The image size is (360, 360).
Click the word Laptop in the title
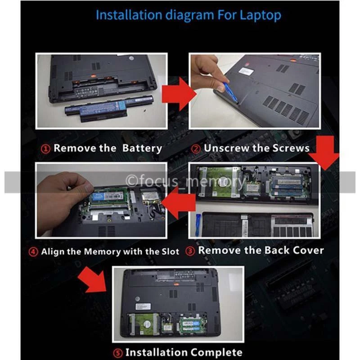point(261,16)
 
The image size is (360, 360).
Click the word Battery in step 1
point(142,148)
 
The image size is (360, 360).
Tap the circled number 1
point(45,149)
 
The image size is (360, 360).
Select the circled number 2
point(196,149)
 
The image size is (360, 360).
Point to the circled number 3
point(190,251)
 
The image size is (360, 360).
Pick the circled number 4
point(33,252)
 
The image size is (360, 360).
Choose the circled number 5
point(118,353)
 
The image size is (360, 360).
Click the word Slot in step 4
point(170,252)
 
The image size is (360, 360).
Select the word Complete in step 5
point(216,352)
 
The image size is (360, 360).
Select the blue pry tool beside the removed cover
point(198,225)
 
